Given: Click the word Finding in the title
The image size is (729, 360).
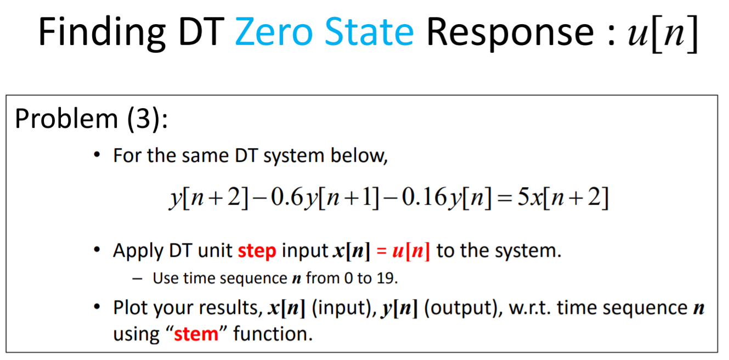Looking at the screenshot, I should click(x=101, y=32).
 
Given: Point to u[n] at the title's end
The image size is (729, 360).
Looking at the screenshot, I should click(x=660, y=34).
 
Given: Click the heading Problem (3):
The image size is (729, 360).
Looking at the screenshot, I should click(x=91, y=119).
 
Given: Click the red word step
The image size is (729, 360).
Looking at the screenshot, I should click(x=257, y=251).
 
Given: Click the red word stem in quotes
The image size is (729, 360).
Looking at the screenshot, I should click(x=196, y=334).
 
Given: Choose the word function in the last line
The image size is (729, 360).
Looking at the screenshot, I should click(x=273, y=334).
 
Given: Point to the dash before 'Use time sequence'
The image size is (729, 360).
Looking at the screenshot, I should click(x=138, y=279).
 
